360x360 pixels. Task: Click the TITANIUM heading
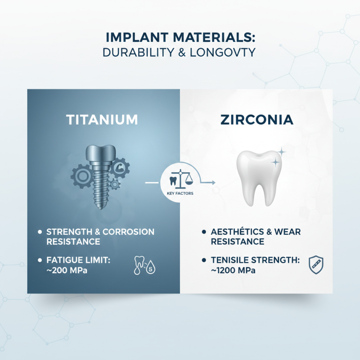(102, 120)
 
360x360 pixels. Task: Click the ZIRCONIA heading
(257, 120)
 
